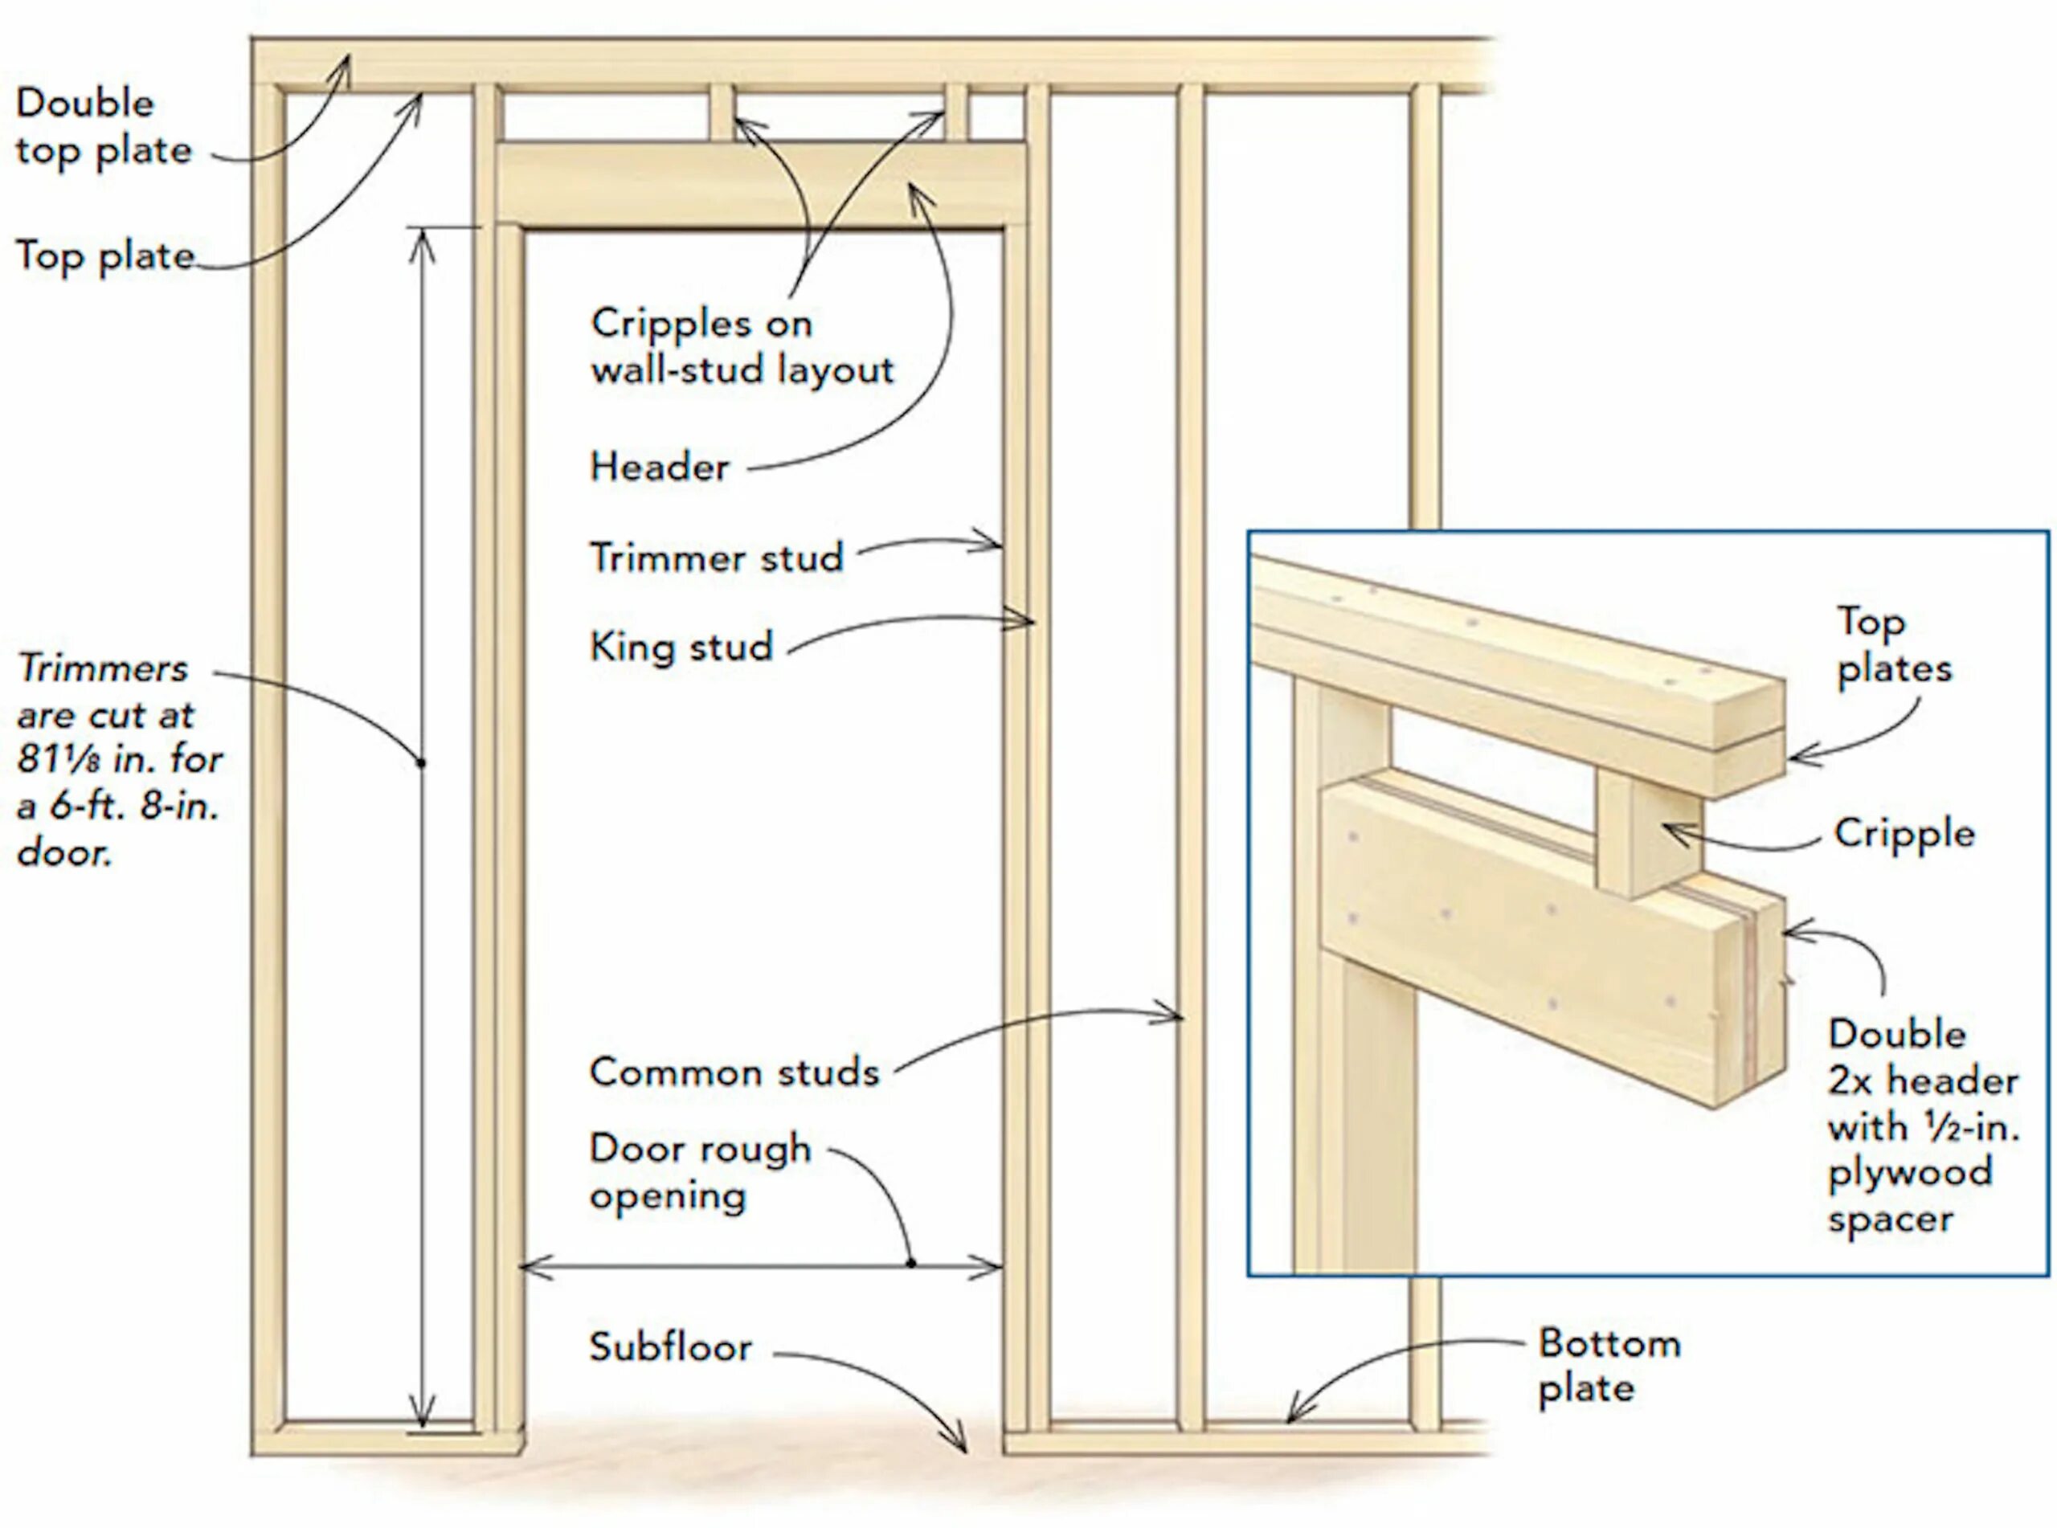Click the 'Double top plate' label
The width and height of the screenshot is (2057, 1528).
pyautogui.click(x=103, y=127)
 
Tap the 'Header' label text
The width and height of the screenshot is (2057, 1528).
pyautogui.click(x=659, y=467)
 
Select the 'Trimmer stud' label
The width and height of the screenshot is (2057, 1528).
pyautogui.click(x=716, y=558)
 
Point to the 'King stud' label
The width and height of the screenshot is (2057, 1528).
pyautogui.click(x=681, y=647)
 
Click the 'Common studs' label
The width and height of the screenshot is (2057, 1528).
pyautogui.click(x=734, y=1072)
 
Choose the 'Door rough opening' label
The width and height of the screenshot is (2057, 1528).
pyautogui.click(x=699, y=1172)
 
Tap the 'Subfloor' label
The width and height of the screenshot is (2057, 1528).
pyautogui.click(x=671, y=1346)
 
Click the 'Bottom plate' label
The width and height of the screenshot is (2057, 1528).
pyautogui.click(x=1609, y=1365)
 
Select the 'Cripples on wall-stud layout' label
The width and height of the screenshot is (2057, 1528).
pyautogui.click(x=742, y=347)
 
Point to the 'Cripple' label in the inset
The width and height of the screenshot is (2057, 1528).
pyautogui.click(x=1904, y=833)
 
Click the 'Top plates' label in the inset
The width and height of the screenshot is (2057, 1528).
pyautogui.click(x=1893, y=644)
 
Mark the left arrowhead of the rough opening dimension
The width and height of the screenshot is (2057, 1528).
pyautogui.click(x=527, y=1265)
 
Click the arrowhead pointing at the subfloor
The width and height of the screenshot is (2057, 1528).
pyautogui.click(x=961, y=1444)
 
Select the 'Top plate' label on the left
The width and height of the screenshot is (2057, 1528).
pyautogui.click(x=104, y=255)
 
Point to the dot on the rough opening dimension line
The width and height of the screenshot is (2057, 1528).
pyautogui.click(x=911, y=1264)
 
